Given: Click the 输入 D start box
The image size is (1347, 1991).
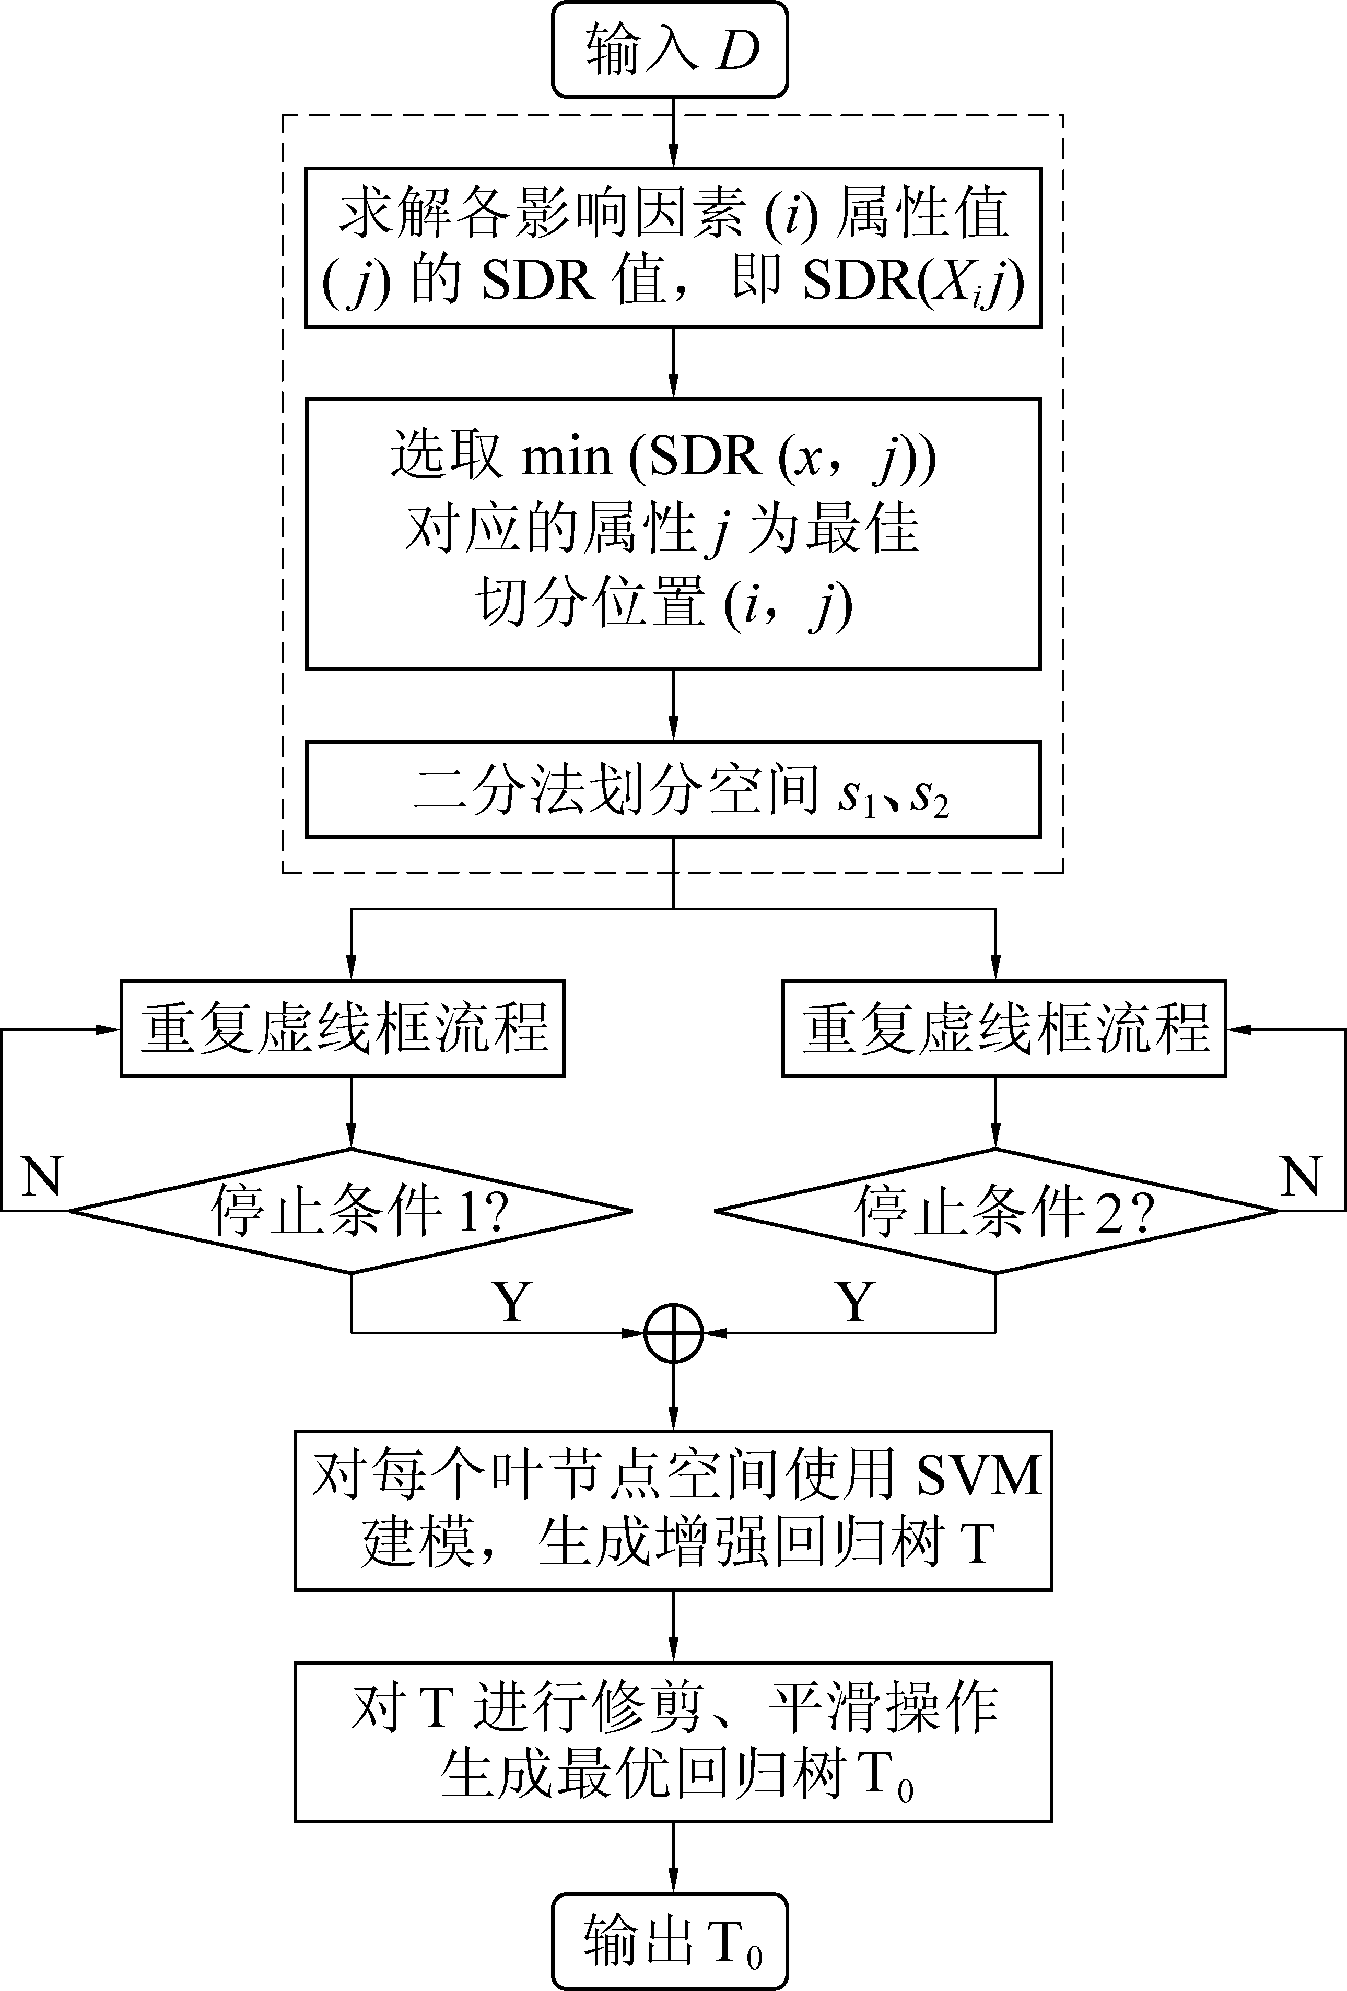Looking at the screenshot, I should (669, 49).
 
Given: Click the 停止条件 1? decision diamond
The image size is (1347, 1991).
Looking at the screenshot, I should (350, 1211).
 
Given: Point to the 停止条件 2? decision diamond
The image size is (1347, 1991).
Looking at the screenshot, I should (995, 1211).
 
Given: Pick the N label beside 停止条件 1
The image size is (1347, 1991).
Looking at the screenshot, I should (41, 1176).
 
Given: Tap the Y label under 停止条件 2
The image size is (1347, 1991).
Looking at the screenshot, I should (855, 1302).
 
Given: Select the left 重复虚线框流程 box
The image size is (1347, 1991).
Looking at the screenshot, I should (342, 1028).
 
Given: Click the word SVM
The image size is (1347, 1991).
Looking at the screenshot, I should (979, 1475).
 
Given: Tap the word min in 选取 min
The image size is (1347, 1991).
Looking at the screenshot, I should (566, 456).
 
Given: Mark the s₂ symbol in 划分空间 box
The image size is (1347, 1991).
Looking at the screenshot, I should (929, 795).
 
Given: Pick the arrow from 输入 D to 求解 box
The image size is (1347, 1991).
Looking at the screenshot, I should (674, 133).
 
